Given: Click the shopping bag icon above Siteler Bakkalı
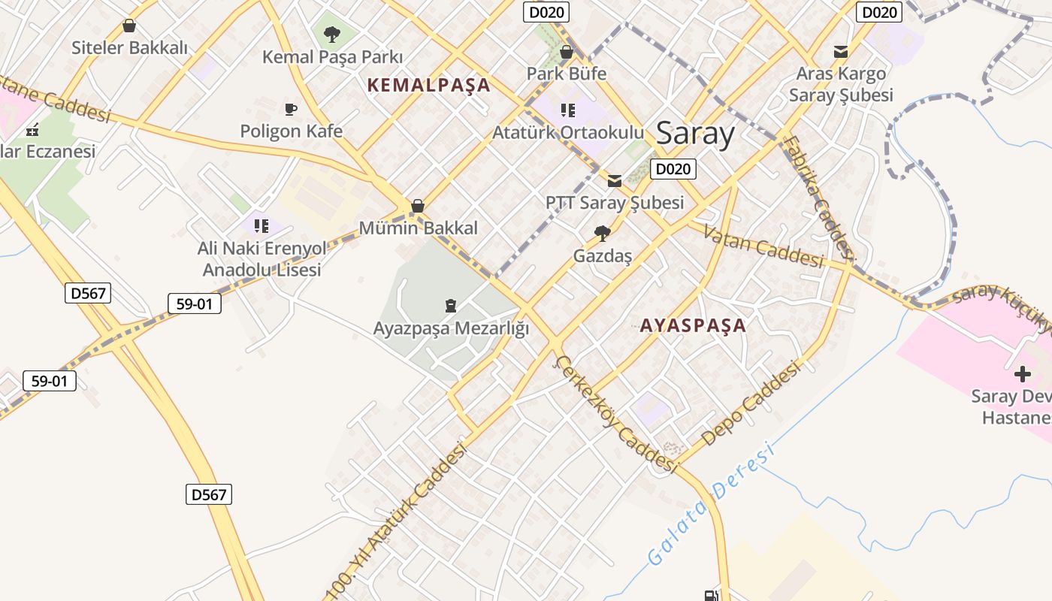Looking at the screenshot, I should [129, 26].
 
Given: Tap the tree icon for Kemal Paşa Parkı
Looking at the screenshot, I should [331, 34].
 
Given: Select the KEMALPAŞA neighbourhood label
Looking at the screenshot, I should [428, 85].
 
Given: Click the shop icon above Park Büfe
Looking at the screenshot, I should [567, 52].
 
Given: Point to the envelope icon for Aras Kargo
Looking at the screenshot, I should [841, 52].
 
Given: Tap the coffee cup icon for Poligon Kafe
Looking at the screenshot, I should [291, 110].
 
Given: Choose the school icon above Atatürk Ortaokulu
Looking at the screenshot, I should [568, 110].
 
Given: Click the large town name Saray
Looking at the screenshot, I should [695, 134].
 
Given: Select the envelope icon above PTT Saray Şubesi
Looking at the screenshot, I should [615, 180].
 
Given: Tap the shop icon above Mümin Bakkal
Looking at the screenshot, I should [418, 206].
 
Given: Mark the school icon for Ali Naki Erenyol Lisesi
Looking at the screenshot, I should [261, 225].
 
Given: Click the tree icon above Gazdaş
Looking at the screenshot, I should [602, 234].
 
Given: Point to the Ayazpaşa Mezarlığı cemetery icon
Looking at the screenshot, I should [450, 305].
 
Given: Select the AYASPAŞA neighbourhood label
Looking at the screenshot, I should [693, 325].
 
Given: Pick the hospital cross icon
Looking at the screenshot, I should [1022, 373].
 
